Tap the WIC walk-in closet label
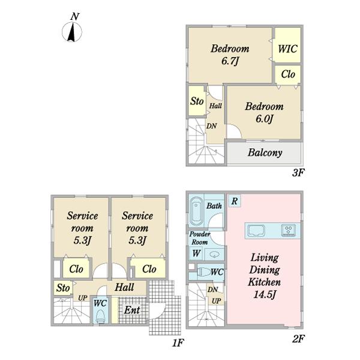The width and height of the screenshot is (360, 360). click(x=287, y=49)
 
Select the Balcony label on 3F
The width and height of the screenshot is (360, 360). click(x=265, y=152)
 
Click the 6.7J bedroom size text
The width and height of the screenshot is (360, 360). click(x=230, y=61)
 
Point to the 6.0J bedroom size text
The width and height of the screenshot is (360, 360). click(x=264, y=119)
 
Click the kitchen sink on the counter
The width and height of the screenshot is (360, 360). click(x=256, y=230)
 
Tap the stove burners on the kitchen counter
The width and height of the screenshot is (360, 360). click(x=289, y=230)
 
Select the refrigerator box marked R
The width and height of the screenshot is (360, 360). click(x=235, y=201)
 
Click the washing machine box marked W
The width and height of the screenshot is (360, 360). click(x=196, y=253)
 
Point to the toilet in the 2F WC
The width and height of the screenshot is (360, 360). click(x=204, y=272)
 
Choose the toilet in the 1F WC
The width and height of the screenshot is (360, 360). click(x=100, y=316)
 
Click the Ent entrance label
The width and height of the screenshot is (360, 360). click(x=132, y=310)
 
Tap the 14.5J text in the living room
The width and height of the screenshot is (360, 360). click(x=264, y=295)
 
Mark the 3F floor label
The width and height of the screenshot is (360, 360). click(x=298, y=173)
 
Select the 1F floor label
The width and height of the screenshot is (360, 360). click(x=178, y=343)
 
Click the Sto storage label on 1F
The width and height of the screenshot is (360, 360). click(x=63, y=288)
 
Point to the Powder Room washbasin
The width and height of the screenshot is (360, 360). click(x=214, y=254)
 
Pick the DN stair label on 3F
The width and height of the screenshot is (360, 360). click(x=211, y=126)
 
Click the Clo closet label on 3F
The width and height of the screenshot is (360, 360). click(x=288, y=74)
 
